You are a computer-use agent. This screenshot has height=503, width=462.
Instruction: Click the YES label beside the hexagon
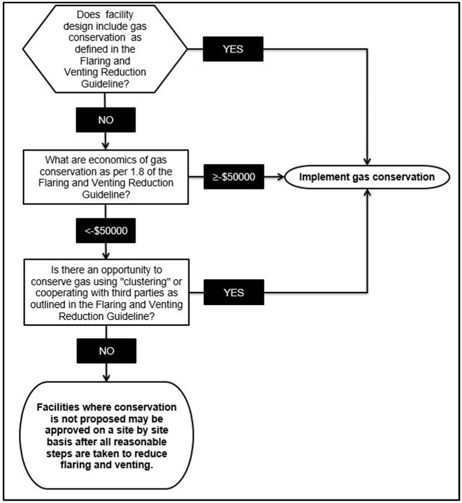point(233,48)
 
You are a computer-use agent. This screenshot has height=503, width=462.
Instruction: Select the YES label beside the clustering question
point(233,292)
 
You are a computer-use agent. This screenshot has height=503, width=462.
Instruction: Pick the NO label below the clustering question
point(107,351)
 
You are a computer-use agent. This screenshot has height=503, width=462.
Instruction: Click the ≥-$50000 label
point(233,177)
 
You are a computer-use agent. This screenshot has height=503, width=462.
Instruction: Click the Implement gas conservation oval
point(368,177)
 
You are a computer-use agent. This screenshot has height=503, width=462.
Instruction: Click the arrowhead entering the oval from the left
point(282,177)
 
